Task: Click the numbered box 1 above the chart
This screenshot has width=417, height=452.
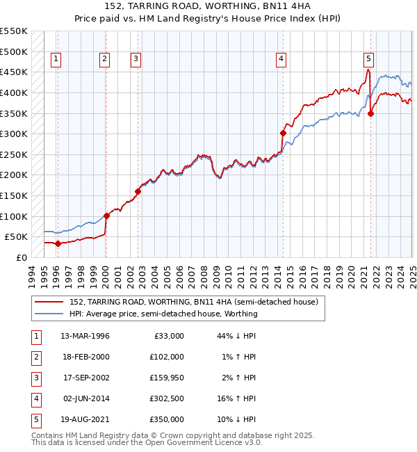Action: pos(56,59)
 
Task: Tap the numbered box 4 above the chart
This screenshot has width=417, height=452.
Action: pos(281,59)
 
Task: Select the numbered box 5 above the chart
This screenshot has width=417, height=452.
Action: pos(368,59)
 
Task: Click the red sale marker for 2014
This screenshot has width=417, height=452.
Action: pos(283,133)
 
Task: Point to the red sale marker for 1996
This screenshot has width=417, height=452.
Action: pos(58,243)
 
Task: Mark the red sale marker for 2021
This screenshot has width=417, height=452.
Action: pos(371,113)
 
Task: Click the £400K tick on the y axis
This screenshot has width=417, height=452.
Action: pos(14,92)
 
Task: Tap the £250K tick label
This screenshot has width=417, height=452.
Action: pos(14,154)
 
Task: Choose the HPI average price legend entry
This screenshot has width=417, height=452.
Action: pos(163,314)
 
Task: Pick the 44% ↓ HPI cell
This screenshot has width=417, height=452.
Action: pos(236,336)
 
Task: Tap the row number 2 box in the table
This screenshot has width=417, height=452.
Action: pos(35,357)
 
